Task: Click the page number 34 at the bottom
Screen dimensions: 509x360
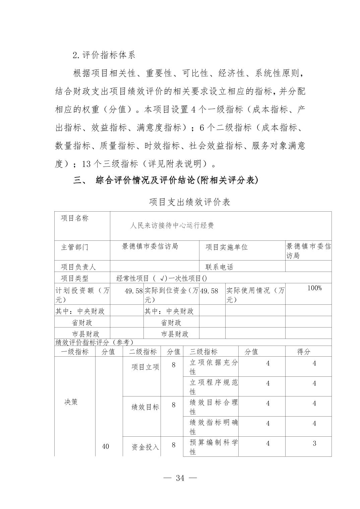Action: [x=180, y=478]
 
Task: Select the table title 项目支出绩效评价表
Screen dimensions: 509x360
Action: [x=190, y=202]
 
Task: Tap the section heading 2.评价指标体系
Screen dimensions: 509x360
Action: [x=104, y=55]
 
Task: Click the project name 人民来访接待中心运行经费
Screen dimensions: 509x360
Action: [x=172, y=226]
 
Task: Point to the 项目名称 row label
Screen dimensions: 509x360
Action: [x=75, y=218]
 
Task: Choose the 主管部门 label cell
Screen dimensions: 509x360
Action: [x=75, y=247]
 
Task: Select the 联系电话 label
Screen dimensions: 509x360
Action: [x=219, y=267]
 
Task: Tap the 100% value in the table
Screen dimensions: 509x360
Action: [x=314, y=288]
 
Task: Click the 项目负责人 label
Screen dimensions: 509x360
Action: [x=78, y=267]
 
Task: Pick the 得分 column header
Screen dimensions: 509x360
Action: [x=304, y=352]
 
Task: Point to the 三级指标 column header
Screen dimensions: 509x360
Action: [x=203, y=352]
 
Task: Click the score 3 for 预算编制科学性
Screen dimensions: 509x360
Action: [x=314, y=443]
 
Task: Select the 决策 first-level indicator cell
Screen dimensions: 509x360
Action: [x=71, y=402]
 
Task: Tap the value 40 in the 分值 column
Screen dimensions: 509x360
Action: [x=105, y=446]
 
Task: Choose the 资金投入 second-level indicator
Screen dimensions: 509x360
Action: [x=145, y=447]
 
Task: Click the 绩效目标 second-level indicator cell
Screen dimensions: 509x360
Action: [x=145, y=407]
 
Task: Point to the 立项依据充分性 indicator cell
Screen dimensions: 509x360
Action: [x=214, y=367]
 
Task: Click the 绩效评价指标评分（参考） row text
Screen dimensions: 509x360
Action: [x=94, y=342]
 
